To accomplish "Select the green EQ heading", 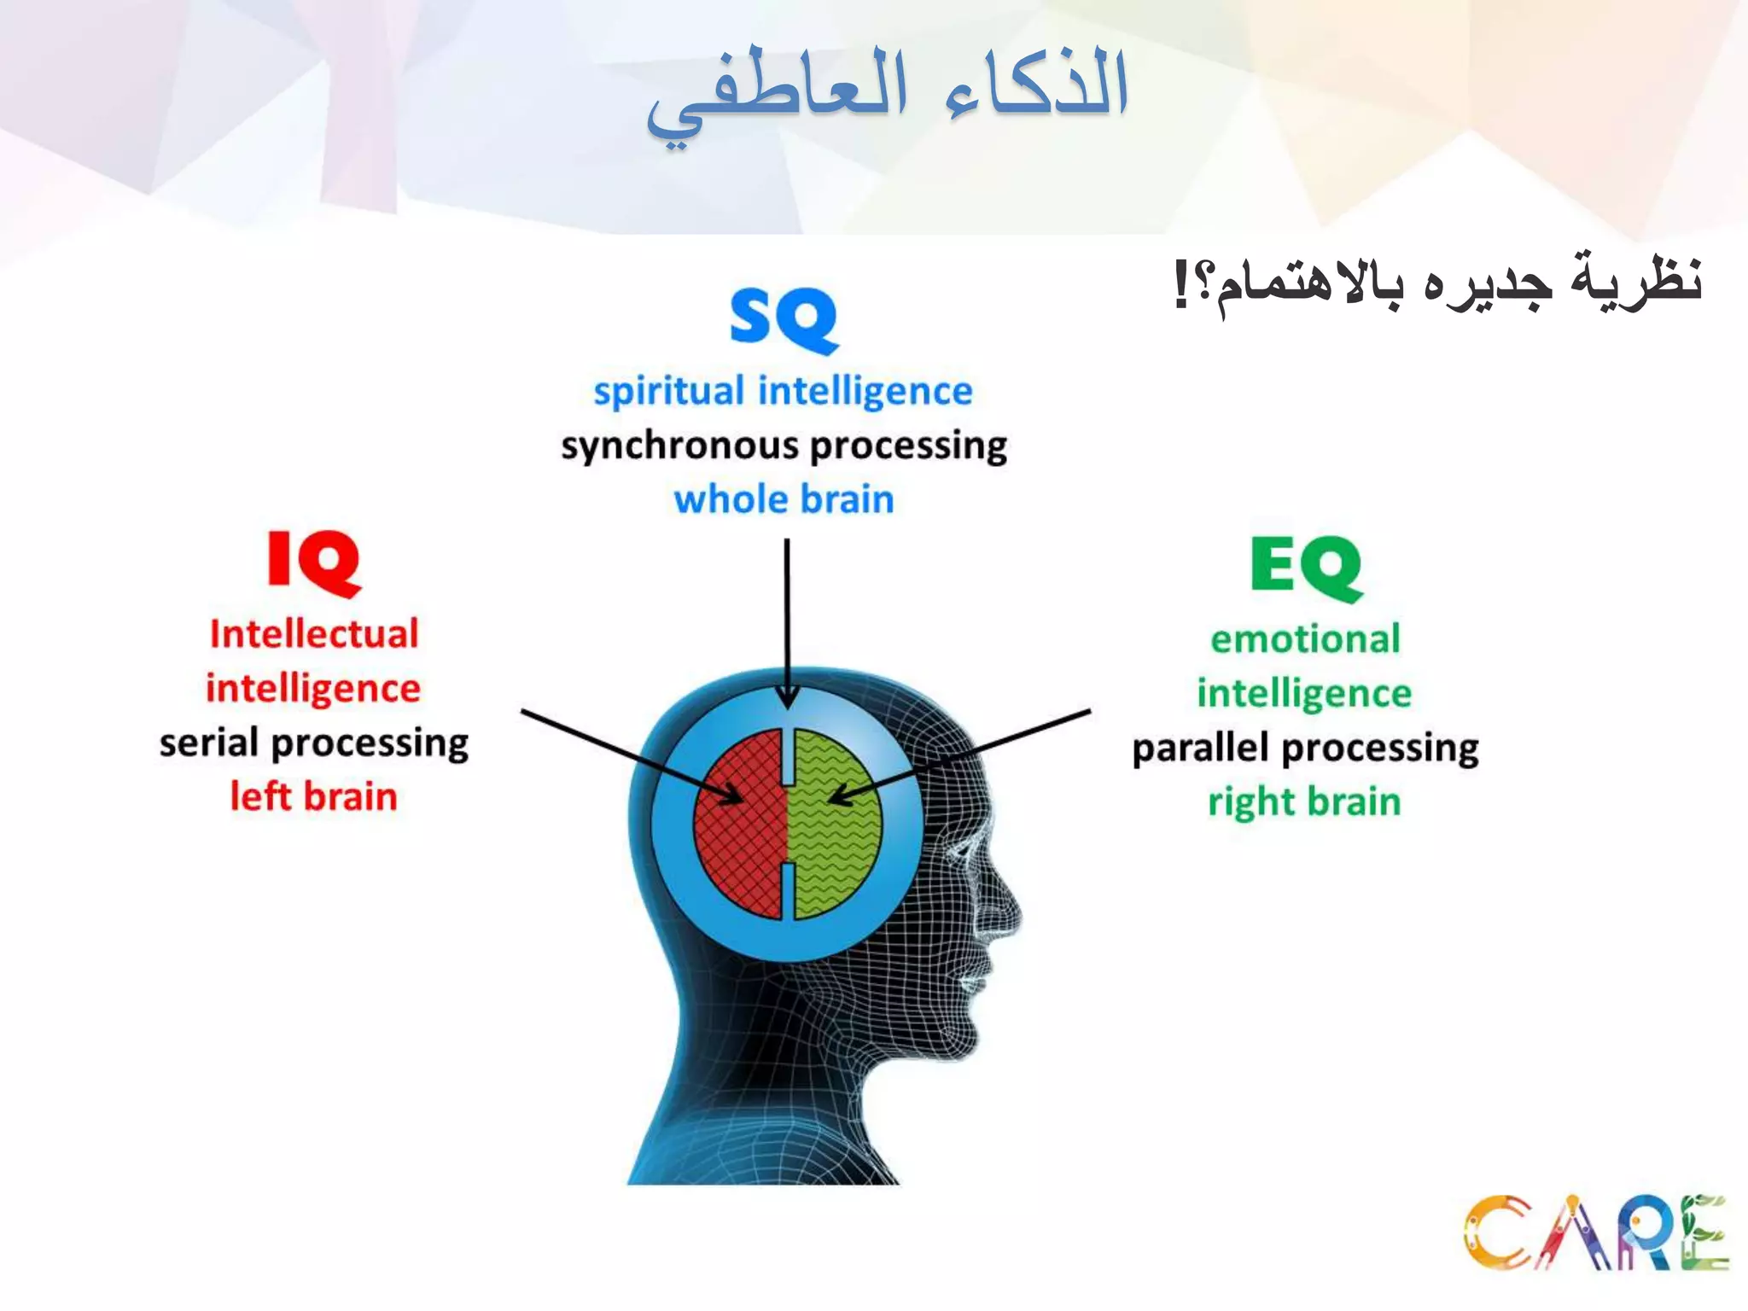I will click(1306, 567).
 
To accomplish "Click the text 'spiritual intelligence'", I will click(783, 392).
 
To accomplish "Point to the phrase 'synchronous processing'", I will click(784, 446).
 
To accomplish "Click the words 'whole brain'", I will click(784, 499).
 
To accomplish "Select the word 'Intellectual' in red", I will click(314, 634).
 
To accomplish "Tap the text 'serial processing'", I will click(314, 743).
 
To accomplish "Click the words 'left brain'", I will click(314, 796).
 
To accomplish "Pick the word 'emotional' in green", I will click(1305, 639).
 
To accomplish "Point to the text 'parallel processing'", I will click(1305, 749).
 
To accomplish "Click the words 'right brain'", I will click(1304, 802).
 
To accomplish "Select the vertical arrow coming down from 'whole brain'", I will click(787, 615).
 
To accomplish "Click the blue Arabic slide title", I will click(888, 90).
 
